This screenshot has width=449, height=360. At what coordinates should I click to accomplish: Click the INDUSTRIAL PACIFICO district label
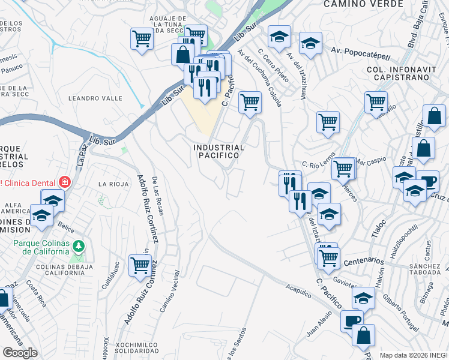pyautogui.click(x=219, y=151)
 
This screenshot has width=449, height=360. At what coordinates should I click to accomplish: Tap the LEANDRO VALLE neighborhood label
pyautogui.click(x=95, y=98)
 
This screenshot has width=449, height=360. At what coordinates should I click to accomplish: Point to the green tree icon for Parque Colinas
pyautogui.click(x=78, y=246)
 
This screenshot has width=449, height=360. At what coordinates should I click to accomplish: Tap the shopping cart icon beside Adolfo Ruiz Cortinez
pyautogui.click(x=140, y=264)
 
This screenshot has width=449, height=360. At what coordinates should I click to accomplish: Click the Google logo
pyautogui.click(x=20, y=353)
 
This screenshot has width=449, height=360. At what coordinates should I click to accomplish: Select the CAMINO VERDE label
pyautogui.click(x=355, y=4)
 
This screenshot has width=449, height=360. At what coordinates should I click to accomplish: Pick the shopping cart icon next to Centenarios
pyautogui.click(x=328, y=257)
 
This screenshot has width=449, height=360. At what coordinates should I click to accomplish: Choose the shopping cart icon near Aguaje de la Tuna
pyautogui.click(x=142, y=40)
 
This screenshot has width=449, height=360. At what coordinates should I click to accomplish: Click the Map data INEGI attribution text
pyautogui.click(x=414, y=355)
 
